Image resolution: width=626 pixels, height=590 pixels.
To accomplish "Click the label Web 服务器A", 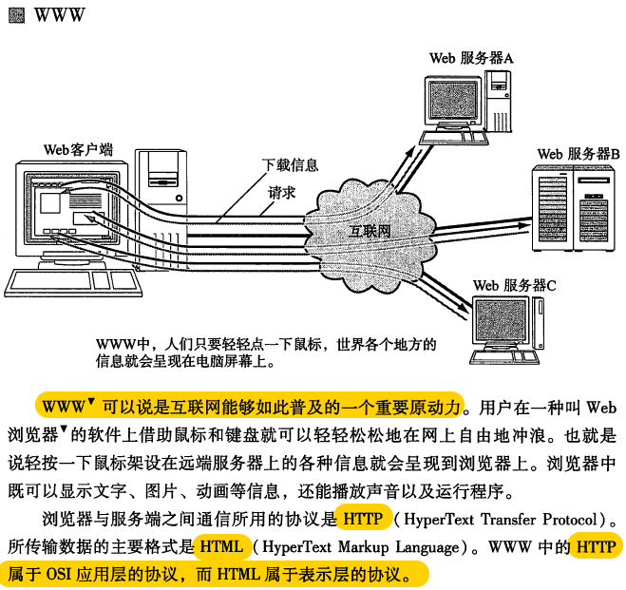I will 471,58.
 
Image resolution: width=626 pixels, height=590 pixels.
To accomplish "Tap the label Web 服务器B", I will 579,153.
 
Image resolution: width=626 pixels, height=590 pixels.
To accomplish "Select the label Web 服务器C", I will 514,284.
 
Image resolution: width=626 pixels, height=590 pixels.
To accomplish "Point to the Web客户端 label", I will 78,149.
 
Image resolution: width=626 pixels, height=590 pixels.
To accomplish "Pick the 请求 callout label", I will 282,191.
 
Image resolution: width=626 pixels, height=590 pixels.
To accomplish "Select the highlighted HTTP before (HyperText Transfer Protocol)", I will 362,520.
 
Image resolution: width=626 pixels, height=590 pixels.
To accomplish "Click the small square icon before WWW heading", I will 16,15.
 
